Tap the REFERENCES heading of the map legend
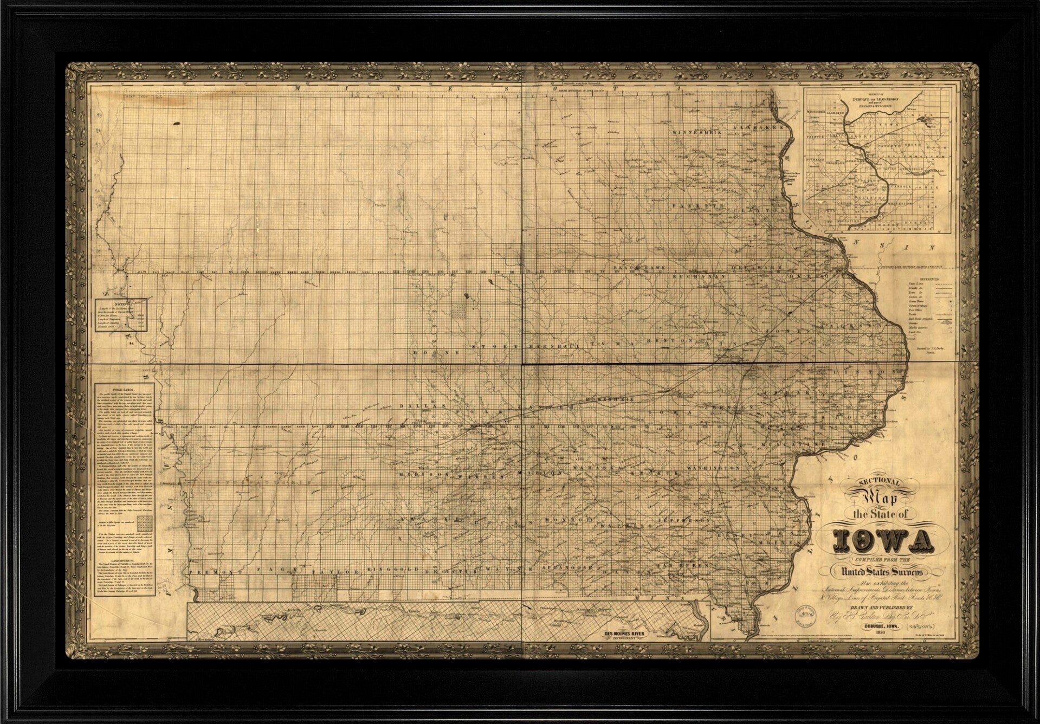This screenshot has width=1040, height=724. (x=920, y=276)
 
